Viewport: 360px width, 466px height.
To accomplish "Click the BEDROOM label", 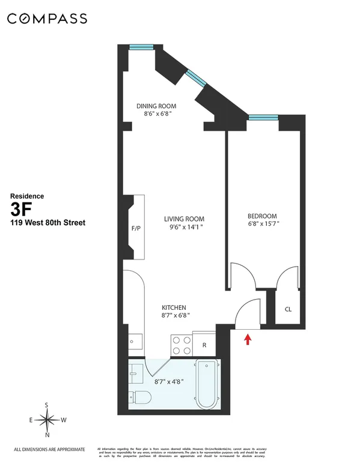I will pyautogui.click(x=262, y=216).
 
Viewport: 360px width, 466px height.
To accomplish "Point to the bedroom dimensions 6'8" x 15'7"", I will pyautogui.click(x=262, y=225).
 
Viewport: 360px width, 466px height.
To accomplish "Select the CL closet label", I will pyautogui.click(x=288, y=310).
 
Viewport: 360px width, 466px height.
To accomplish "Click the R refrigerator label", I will pyautogui.click(x=204, y=345).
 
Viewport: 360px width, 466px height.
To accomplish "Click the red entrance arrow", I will pyautogui.click(x=246, y=340).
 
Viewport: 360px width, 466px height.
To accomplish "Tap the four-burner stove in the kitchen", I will pyautogui.click(x=180, y=344).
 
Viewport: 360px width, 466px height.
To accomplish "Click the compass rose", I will pyautogui.click(x=47, y=420).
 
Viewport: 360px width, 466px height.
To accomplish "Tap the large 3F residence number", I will pyautogui.click(x=21, y=209).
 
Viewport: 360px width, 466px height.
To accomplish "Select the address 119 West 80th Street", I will pyautogui.click(x=48, y=223).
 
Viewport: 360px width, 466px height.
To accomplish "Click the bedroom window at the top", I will pyautogui.click(x=263, y=118).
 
